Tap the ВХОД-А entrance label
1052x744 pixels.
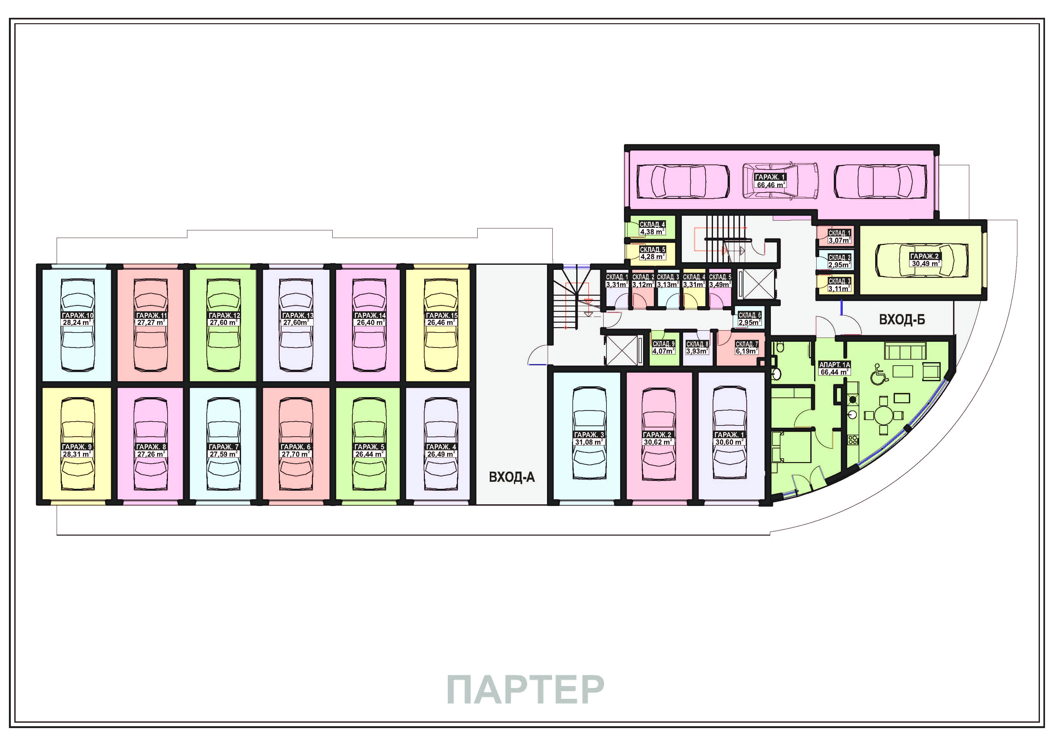tap(511, 478)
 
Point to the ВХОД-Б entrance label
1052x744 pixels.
tap(902, 319)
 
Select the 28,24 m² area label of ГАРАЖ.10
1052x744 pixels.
tap(77, 323)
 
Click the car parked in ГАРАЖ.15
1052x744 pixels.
tap(441, 326)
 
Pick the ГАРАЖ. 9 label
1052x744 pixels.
tap(77, 446)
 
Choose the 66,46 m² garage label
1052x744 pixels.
tap(771, 185)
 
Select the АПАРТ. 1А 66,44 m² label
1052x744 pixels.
tap(835, 368)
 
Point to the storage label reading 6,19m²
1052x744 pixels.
tap(747, 351)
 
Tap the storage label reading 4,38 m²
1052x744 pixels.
tap(652, 232)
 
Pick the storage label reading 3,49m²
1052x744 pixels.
tap(720, 284)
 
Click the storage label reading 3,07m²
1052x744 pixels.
tap(839, 240)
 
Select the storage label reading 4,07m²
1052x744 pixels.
tap(663, 351)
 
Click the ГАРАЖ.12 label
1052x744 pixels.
tap(224, 315)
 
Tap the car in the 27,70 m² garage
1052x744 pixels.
tap(296, 444)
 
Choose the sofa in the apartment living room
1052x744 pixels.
tap(904, 350)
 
